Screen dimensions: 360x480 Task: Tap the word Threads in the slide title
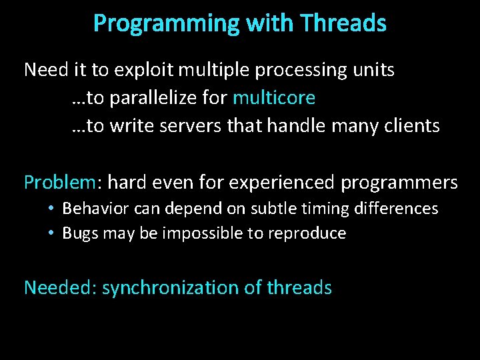343,24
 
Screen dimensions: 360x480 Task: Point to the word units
372,70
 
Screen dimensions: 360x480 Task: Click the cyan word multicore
274,98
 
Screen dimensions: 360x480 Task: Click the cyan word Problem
60,182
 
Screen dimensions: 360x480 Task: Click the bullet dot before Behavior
51,209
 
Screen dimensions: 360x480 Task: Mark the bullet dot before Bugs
51,233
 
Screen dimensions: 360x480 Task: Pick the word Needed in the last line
59,287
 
